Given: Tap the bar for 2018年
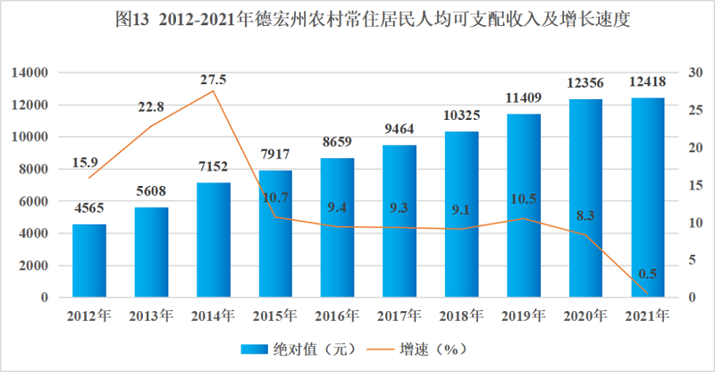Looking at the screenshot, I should coord(461,215).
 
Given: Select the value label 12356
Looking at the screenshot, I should coord(585,83).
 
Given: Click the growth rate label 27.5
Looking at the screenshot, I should coord(213,80).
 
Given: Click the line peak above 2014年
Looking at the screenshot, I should coord(213,91).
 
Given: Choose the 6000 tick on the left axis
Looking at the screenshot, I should coord(33,201).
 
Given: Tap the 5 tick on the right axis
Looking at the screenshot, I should coord(684,260).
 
